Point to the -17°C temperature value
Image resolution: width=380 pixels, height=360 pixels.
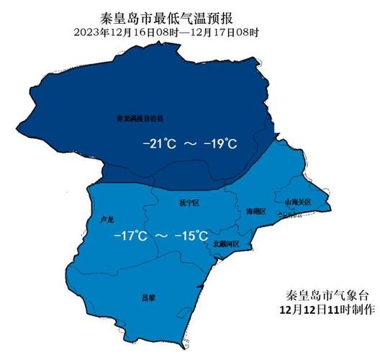[130, 236]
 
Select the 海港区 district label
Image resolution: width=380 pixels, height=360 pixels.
[255, 212]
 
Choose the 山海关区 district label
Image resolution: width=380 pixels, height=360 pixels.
[297, 203]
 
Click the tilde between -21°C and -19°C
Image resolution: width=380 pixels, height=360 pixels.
[191, 144]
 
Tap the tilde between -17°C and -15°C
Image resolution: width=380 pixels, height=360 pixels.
[161, 236]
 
